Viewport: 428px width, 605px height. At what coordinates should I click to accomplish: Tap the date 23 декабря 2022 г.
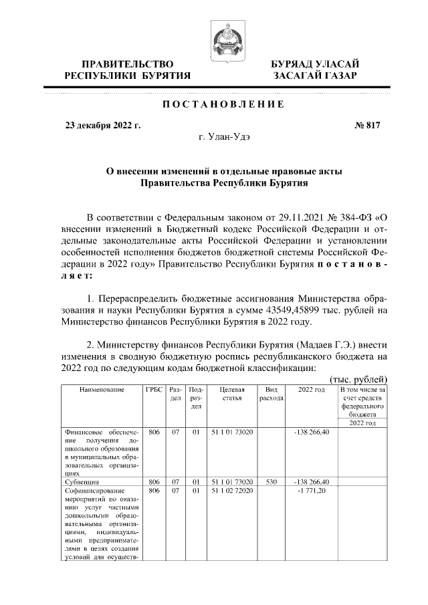click(x=102, y=125)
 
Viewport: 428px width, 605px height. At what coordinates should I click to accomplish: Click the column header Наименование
click(x=102, y=389)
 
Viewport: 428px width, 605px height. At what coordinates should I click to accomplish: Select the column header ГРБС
click(x=154, y=389)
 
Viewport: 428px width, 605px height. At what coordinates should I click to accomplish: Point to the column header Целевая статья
click(x=231, y=393)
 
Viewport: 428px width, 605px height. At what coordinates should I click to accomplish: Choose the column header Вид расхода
click(x=271, y=393)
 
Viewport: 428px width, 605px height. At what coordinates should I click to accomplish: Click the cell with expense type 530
click(x=271, y=481)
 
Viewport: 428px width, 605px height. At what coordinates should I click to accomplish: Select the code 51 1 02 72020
click(x=231, y=490)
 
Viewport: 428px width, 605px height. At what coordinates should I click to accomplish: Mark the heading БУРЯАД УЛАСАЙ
click(x=314, y=64)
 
